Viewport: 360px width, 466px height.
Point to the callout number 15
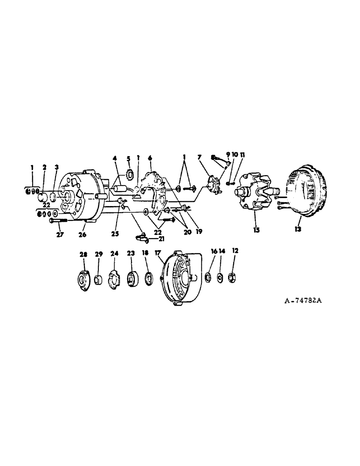256,230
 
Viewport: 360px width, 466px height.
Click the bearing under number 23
131,278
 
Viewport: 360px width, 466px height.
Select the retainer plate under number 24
114,279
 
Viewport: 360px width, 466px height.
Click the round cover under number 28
83,280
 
